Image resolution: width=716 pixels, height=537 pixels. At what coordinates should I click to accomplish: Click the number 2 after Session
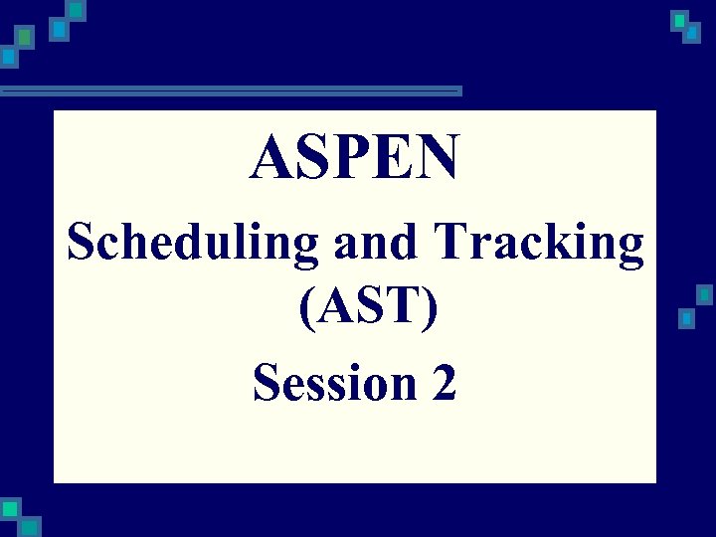[444, 383]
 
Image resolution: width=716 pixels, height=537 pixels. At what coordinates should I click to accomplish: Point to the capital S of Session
[266, 383]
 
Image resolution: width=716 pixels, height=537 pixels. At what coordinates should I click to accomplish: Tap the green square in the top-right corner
[679, 20]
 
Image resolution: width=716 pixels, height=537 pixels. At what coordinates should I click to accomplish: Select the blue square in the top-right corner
[692, 34]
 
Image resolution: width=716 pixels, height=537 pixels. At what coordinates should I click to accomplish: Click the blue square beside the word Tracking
[685, 318]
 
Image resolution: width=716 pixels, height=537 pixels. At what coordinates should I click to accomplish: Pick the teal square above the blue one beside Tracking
[704, 295]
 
